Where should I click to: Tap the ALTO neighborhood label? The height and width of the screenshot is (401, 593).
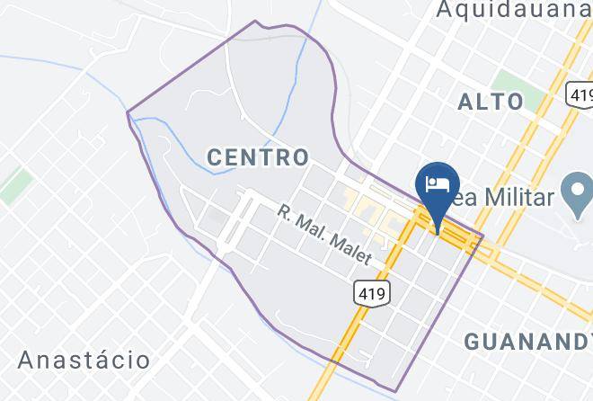491,101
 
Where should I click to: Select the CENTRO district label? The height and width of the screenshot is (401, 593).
258,157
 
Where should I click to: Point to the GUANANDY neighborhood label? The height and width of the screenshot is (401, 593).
527,341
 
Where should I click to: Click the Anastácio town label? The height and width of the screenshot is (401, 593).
84,361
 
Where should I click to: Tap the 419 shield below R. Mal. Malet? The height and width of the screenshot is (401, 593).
371,292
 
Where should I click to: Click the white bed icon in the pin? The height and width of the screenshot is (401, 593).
438,183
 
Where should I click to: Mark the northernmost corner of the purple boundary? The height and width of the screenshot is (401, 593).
256,21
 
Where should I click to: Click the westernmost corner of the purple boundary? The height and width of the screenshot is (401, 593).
128,112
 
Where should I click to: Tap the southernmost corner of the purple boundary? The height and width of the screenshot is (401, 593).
396,391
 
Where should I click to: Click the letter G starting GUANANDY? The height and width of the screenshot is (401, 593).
473,341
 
